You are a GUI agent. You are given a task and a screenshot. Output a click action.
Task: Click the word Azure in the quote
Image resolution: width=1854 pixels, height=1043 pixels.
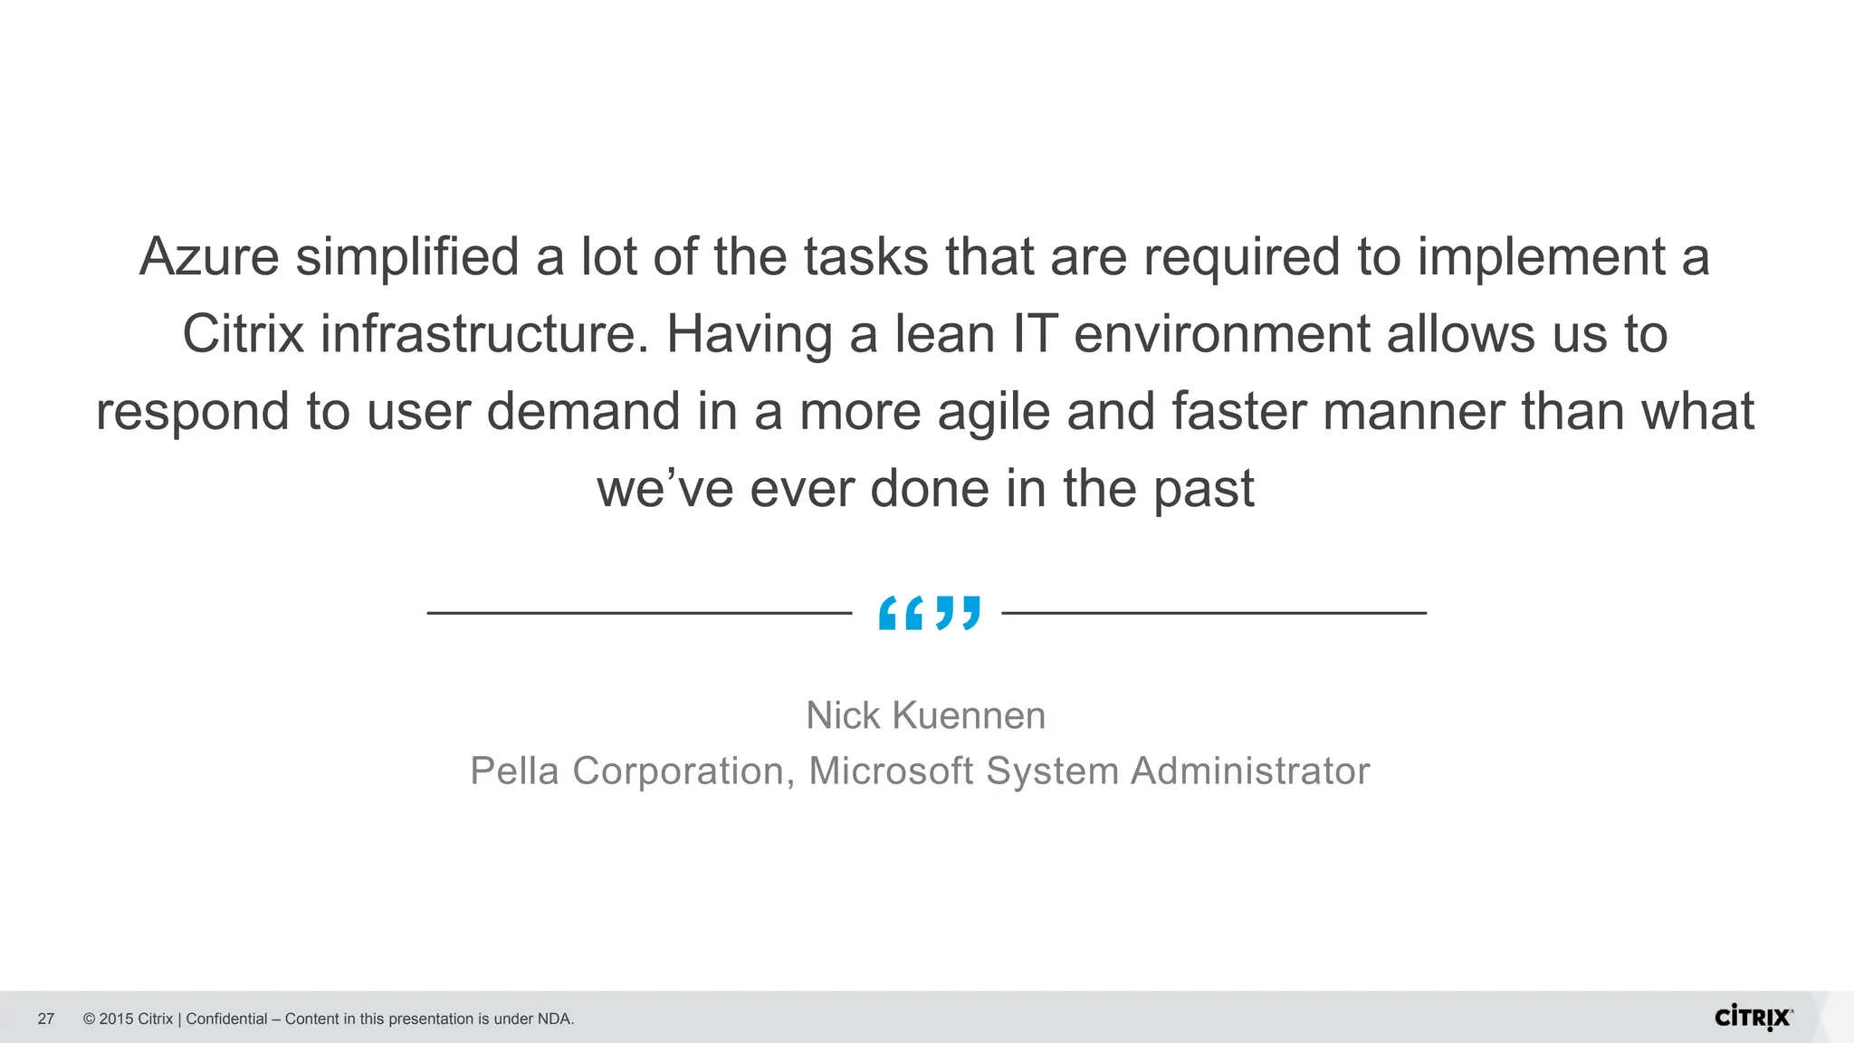coord(209,256)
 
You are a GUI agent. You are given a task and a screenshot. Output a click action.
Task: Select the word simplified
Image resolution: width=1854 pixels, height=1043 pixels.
coord(406,256)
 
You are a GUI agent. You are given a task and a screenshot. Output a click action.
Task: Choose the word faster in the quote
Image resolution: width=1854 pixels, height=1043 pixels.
coord(1238,412)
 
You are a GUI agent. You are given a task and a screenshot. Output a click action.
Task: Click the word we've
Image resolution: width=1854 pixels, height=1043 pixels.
coord(664,489)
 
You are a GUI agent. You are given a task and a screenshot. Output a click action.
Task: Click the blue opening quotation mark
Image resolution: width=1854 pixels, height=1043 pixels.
coord(901,613)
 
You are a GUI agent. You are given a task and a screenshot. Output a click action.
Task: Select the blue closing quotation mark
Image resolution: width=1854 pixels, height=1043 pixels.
coord(958,613)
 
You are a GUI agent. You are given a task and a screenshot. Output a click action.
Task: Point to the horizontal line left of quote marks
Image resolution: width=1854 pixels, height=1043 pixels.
coord(639,613)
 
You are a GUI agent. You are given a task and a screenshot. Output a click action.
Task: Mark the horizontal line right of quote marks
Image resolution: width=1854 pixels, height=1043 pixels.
coord(1214,613)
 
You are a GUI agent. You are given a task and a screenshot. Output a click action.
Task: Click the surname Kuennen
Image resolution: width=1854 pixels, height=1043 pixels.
coord(969,715)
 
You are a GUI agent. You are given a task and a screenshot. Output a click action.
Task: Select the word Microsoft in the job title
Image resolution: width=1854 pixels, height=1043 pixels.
coord(891,771)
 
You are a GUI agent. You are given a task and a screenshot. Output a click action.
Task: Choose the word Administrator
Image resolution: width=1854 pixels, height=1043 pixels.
coord(1250,771)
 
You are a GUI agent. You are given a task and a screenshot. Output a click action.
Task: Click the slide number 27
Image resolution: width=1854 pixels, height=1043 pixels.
coord(46,1019)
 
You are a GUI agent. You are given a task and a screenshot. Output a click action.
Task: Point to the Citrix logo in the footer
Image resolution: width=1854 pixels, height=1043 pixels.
coord(1754,1017)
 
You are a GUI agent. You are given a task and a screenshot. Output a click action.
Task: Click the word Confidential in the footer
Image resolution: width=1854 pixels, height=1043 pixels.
coord(226,1019)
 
